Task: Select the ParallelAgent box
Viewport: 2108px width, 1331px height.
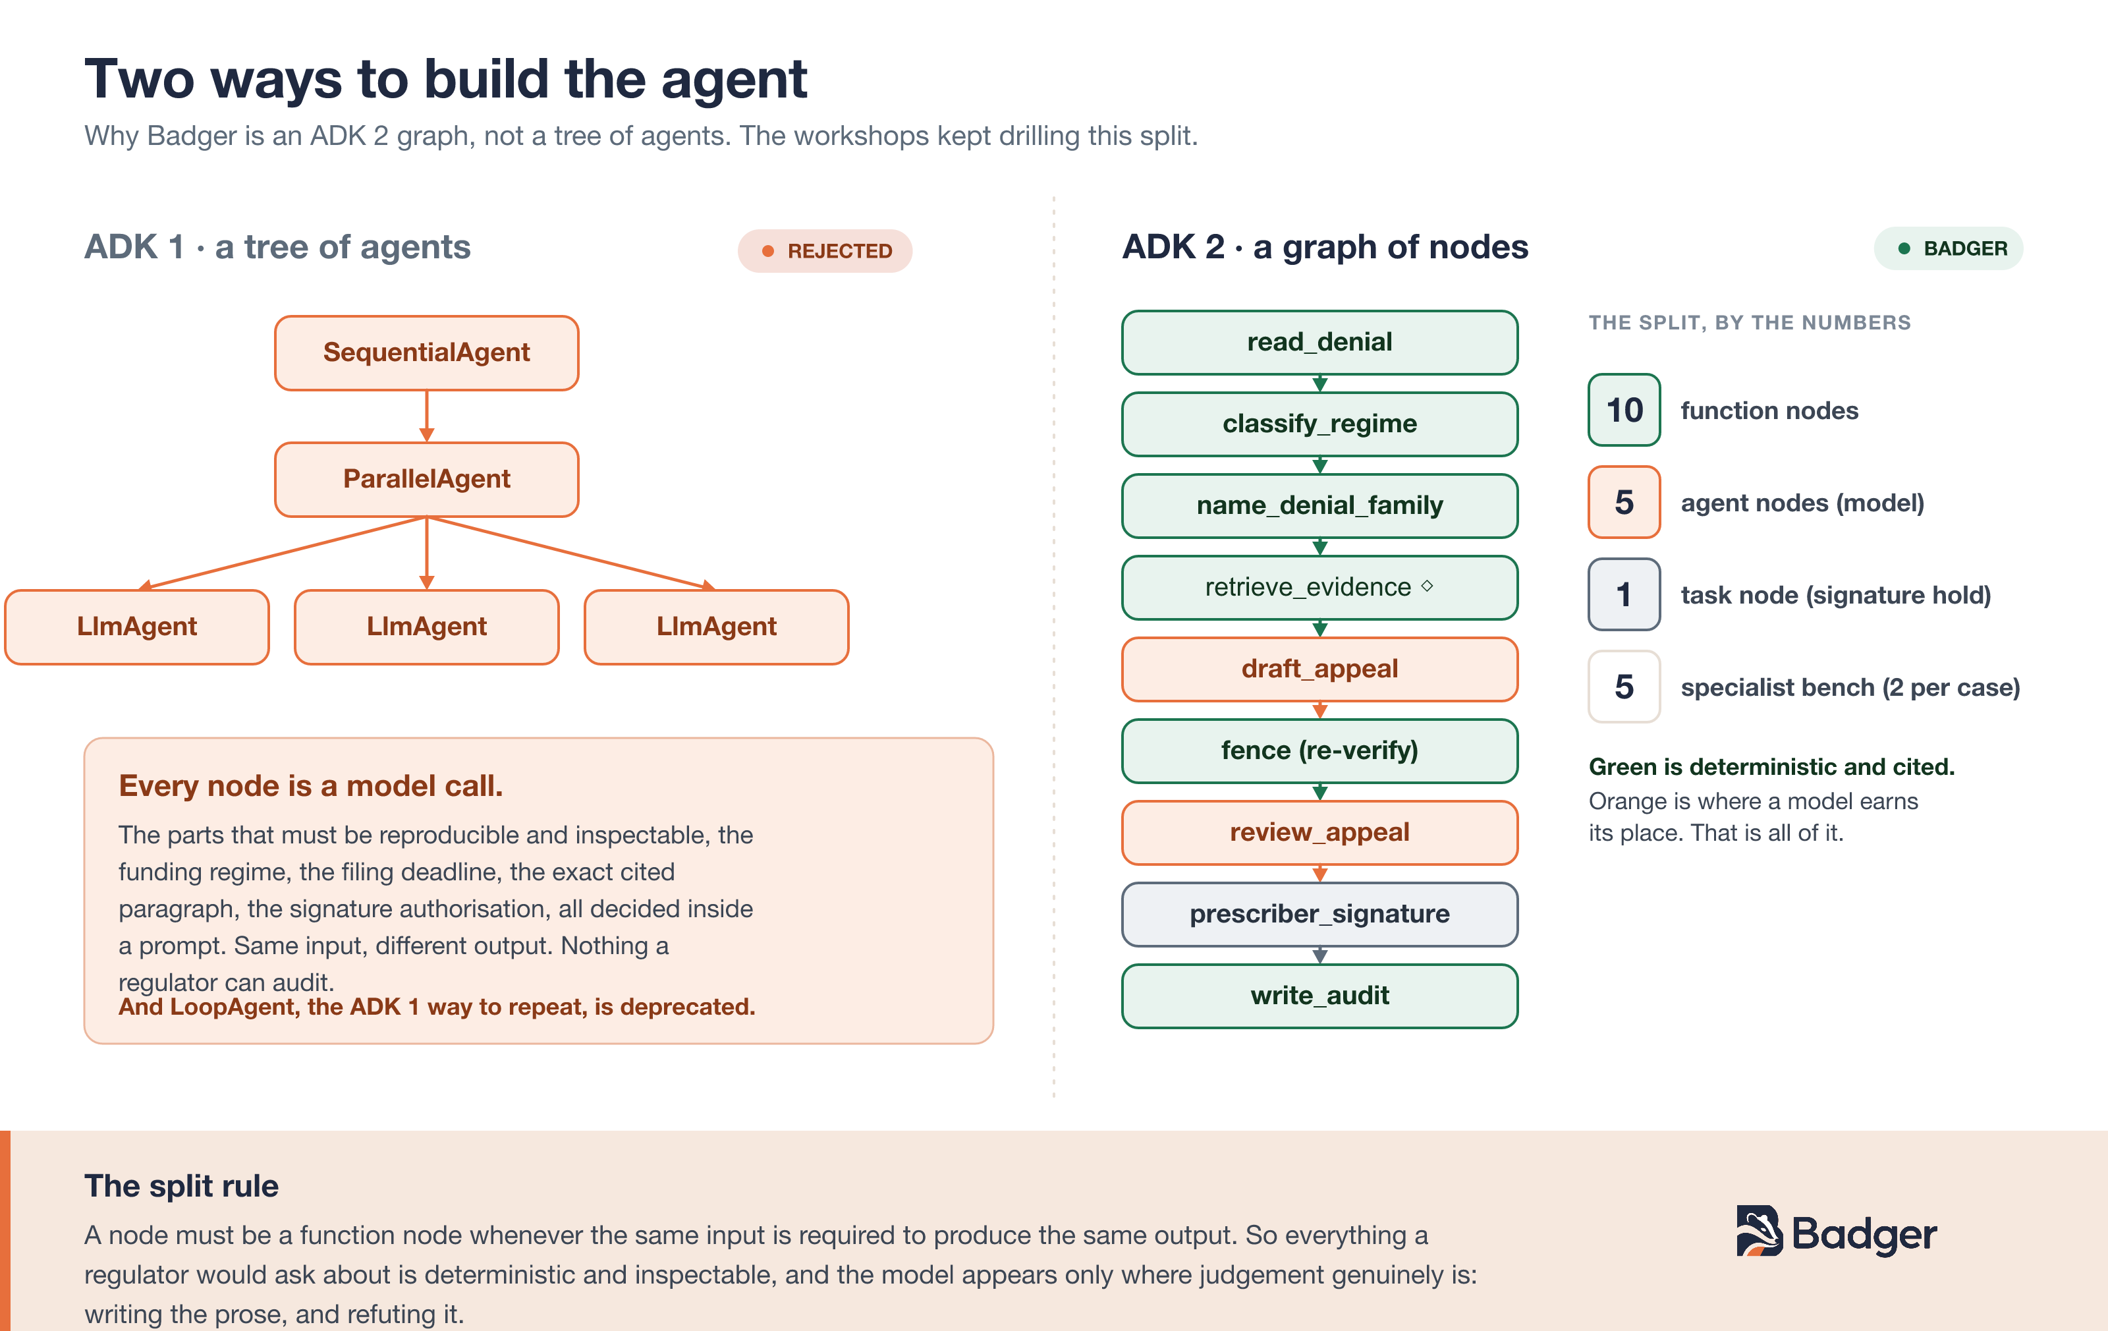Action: tap(426, 479)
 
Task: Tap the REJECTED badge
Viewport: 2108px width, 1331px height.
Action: tap(825, 251)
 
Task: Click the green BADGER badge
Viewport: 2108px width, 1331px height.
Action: tap(1948, 248)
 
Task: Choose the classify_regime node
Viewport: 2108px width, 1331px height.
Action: tap(1319, 424)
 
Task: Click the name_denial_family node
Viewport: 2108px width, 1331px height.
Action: tap(1319, 505)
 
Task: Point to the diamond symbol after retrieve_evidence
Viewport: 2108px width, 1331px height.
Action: tap(1427, 586)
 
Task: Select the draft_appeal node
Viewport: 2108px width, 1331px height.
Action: tap(1319, 669)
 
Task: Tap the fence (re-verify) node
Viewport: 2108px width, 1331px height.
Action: tap(1319, 750)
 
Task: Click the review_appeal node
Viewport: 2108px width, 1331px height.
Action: tap(1319, 832)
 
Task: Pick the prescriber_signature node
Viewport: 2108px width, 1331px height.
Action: tap(1319, 914)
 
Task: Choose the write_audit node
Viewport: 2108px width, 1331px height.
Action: tap(1319, 996)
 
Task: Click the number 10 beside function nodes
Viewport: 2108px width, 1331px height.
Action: tap(1624, 410)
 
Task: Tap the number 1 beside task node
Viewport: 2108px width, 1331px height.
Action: tap(1624, 594)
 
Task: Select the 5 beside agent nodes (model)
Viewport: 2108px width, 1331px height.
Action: tap(1624, 503)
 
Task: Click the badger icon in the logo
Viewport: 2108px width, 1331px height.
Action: tap(1759, 1231)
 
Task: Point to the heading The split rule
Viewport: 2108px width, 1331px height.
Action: tap(181, 1185)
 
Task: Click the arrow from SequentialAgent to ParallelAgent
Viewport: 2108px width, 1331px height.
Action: tap(426, 416)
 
